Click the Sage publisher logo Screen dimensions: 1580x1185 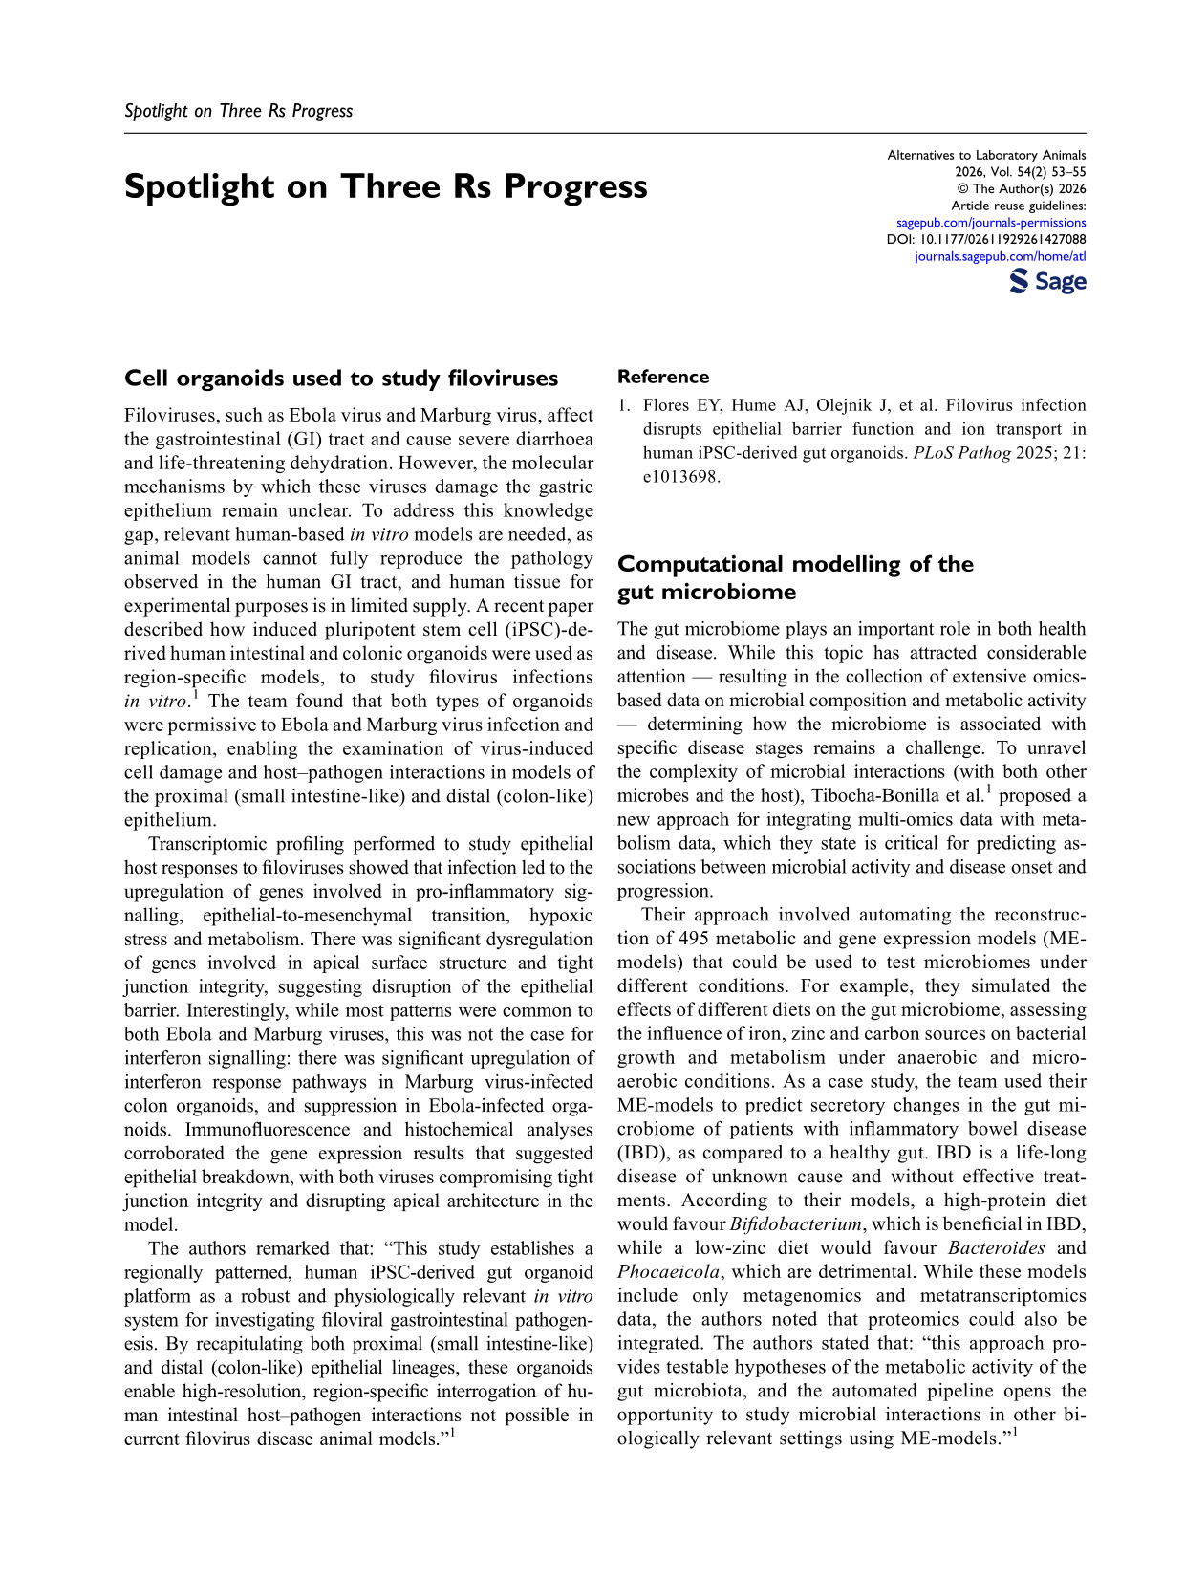(x=1047, y=281)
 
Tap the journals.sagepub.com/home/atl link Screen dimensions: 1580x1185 (x=1000, y=256)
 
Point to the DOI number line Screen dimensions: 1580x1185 (x=986, y=239)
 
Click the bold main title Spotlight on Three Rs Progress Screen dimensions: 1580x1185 (x=385, y=186)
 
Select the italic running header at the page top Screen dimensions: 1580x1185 (x=238, y=111)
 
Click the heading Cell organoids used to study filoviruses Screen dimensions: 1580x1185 (x=340, y=379)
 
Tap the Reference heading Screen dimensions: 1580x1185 (x=662, y=378)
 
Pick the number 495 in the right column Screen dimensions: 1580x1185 (x=693, y=939)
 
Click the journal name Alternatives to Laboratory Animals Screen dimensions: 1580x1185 (x=986, y=155)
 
